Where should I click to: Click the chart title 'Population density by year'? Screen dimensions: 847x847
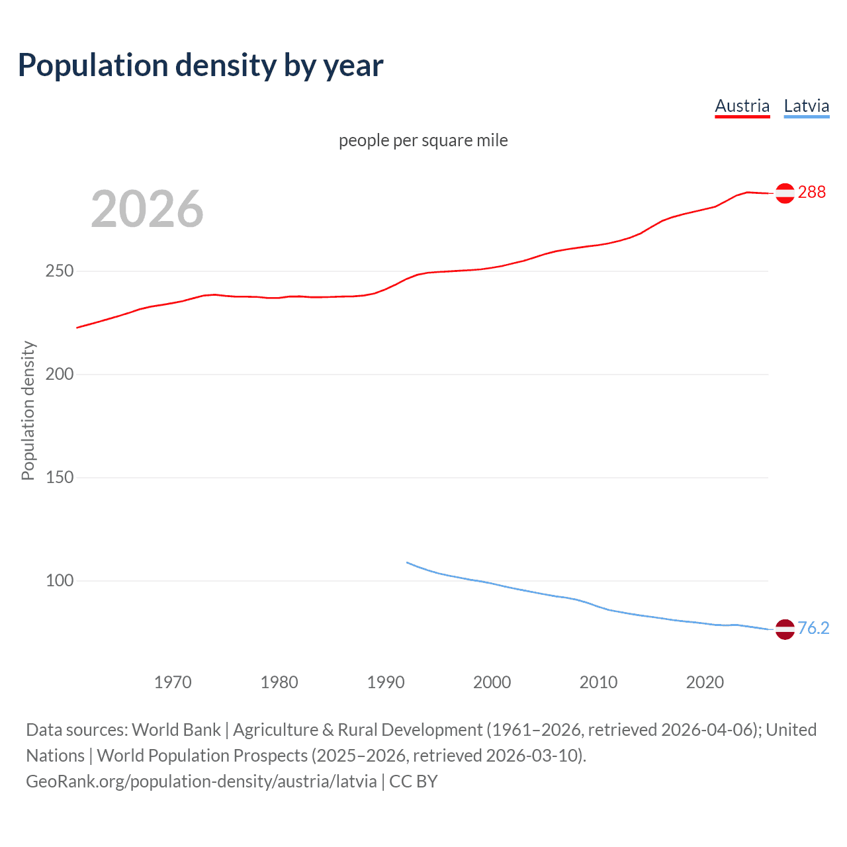click(201, 66)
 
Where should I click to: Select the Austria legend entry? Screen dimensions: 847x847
click(742, 107)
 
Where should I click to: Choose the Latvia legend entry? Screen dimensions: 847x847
click(806, 107)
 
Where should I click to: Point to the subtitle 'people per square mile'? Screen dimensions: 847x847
click(423, 141)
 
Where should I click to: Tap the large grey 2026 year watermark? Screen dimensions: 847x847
click(147, 209)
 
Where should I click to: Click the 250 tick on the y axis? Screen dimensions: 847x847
click(60, 271)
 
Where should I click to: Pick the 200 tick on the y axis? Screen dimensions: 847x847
click(60, 375)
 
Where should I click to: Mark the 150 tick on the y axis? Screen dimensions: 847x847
click(60, 478)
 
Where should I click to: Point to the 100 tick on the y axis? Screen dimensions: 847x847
click(60, 581)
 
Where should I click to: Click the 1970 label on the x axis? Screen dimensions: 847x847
click(173, 682)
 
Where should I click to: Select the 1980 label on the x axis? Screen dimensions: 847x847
click(279, 682)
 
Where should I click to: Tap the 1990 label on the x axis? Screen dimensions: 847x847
click(386, 682)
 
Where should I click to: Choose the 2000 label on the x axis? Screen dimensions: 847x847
click(492, 682)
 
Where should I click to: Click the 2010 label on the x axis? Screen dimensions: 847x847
click(598, 682)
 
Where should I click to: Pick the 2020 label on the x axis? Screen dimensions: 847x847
click(705, 682)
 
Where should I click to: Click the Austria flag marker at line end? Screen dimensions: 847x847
click(785, 193)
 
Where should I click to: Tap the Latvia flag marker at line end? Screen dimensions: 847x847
click(785, 629)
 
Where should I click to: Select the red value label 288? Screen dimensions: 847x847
click(812, 193)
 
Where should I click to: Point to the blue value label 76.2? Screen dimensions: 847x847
click(813, 628)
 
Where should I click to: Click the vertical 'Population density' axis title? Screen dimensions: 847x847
click(28, 410)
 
